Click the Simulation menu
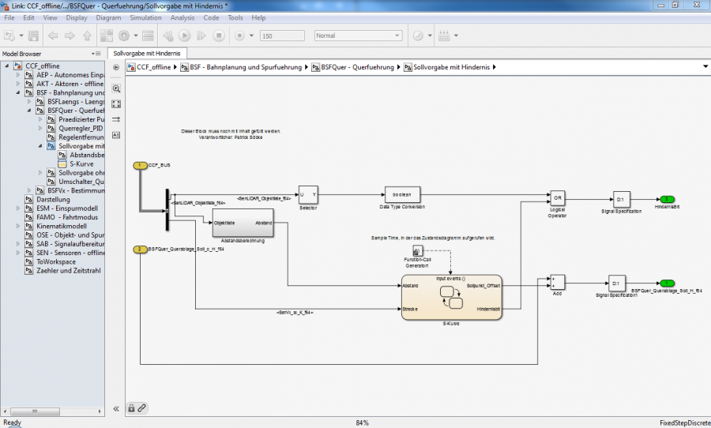point(145,17)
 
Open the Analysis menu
point(182,17)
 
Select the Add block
point(557,283)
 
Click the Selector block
point(307,194)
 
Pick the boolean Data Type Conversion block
point(402,194)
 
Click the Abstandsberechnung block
point(242,223)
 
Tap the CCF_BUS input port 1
point(141,165)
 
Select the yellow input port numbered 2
point(140,250)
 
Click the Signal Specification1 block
point(617,283)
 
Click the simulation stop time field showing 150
point(281,36)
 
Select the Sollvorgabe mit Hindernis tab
point(147,53)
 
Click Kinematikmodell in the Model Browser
point(64,225)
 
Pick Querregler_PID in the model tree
point(81,128)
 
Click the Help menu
point(258,17)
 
